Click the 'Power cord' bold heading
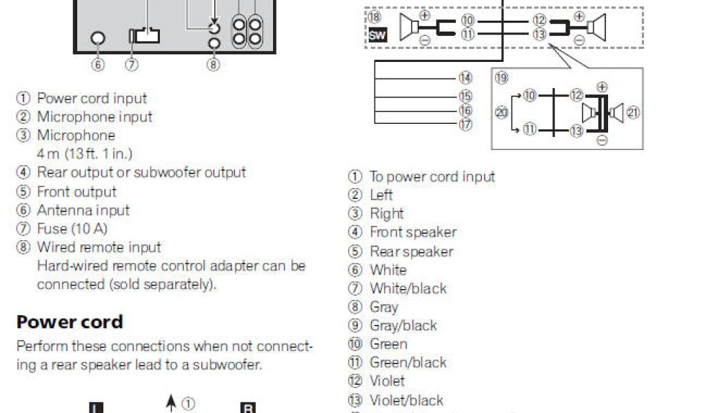point(70,322)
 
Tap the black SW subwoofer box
point(378,35)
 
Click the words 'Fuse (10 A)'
point(72,229)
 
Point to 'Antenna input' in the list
point(83,210)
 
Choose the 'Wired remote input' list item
point(99,247)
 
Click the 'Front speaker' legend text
point(413,233)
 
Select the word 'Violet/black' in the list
point(407,401)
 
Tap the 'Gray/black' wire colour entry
point(403,326)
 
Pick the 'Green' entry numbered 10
point(388,344)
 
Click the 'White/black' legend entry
point(408,288)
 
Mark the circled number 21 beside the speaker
point(633,112)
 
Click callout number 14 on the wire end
point(466,78)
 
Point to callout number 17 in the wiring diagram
point(466,125)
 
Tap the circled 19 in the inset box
point(501,78)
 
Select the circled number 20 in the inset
point(501,112)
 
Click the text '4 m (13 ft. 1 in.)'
point(84,153)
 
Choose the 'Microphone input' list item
point(94,117)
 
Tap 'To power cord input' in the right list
point(432,177)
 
